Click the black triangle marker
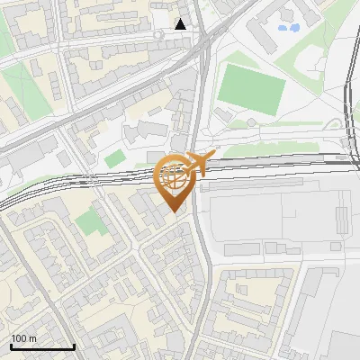(x=181, y=23)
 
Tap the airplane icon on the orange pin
(x=197, y=164)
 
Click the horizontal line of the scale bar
(x=42, y=346)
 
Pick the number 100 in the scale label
(x=20, y=338)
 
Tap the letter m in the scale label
(x=33, y=338)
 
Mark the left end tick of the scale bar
(x=11, y=345)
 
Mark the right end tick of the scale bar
(x=74, y=345)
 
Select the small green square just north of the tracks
(x=114, y=159)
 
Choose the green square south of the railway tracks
(x=88, y=220)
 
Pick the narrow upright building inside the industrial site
(x=341, y=217)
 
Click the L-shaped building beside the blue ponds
(x=266, y=36)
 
